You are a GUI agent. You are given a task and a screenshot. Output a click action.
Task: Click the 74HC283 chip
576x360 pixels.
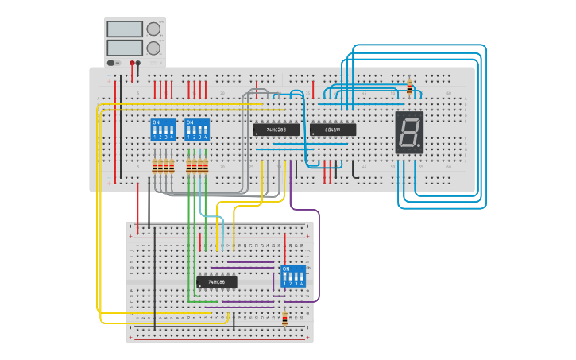point(276,130)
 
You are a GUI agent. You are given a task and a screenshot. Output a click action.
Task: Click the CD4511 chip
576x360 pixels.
point(333,130)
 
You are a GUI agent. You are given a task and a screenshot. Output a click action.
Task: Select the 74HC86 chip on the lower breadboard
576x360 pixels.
point(216,281)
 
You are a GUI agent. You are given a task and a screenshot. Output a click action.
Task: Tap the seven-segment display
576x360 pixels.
point(409,132)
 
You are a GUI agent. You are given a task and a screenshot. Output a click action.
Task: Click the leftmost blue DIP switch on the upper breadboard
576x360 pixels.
point(163,130)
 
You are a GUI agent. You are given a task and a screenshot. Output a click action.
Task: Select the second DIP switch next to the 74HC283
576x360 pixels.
point(197,130)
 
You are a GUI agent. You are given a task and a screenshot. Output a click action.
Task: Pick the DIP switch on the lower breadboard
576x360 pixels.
point(293,276)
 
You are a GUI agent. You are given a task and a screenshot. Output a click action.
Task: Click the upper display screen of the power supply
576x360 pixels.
point(124,29)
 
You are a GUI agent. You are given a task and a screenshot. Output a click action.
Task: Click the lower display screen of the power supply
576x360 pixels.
point(124,48)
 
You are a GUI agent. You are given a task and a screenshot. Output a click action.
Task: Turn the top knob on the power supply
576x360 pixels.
point(153,29)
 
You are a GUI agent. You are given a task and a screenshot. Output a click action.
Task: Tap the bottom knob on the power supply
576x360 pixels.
point(153,48)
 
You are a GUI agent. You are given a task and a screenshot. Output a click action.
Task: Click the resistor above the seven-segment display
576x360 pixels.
point(409,87)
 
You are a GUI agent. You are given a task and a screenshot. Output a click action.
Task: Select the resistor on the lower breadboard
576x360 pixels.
point(284,317)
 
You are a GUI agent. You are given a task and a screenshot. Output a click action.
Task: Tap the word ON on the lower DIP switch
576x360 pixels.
point(286,269)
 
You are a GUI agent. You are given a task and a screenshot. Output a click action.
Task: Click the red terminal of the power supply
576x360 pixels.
point(132,63)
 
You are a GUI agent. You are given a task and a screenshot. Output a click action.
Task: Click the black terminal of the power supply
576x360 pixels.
point(138,63)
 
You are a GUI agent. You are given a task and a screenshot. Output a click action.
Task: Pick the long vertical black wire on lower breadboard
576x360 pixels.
point(154,278)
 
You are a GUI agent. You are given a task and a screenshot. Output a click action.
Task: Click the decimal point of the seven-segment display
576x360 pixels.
point(419,147)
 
